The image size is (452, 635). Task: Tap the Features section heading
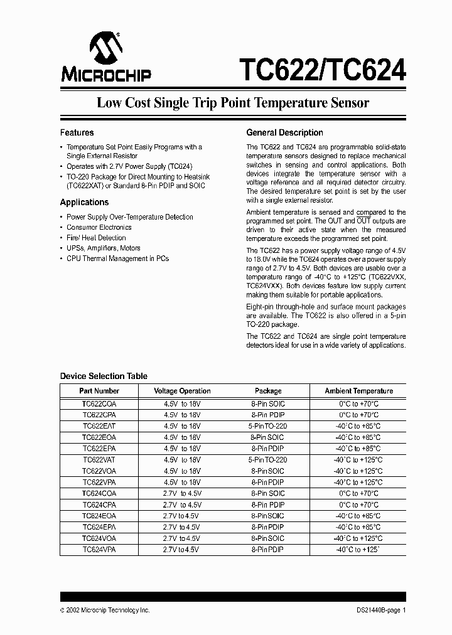click(x=77, y=133)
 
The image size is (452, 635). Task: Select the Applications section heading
click(x=84, y=203)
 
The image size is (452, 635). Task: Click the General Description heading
click(x=284, y=133)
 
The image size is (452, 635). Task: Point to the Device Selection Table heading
click(x=104, y=376)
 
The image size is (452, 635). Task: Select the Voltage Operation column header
click(x=182, y=391)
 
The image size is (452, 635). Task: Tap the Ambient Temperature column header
click(x=358, y=391)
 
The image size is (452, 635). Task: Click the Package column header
click(x=268, y=391)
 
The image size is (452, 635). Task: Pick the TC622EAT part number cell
click(x=99, y=426)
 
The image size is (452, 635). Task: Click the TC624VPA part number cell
click(x=99, y=549)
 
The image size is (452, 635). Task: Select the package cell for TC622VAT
click(x=268, y=460)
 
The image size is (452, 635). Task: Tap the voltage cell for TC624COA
click(x=182, y=494)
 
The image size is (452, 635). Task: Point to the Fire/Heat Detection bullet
click(x=96, y=238)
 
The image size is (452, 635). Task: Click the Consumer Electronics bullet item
click(x=99, y=227)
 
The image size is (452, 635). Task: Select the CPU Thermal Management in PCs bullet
click(x=117, y=259)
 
